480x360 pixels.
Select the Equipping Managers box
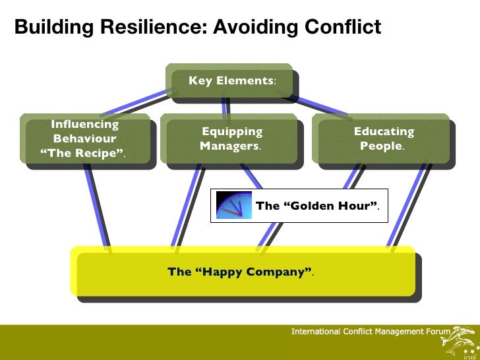pyautogui.click(x=231, y=139)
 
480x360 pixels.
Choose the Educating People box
pyautogui.click(x=383, y=139)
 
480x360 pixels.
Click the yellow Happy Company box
pyautogui.click(x=243, y=272)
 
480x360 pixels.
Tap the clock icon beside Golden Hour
pyautogui.click(x=234, y=206)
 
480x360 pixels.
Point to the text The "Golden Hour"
pyautogui.click(x=317, y=206)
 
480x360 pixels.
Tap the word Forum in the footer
pyautogui.click(x=438, y=331)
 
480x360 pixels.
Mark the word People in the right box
pyautogui.click(x=381, y=146)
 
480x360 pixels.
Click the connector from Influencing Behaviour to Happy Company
pyautogui.click(x=96, y=208)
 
